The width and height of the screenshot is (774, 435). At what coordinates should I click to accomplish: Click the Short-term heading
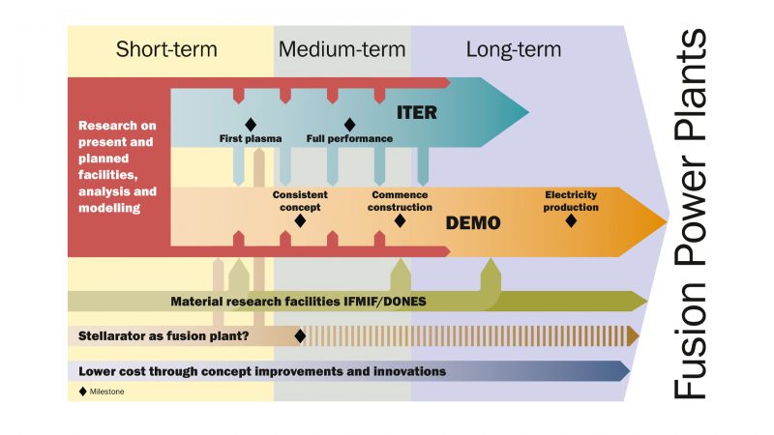[166, 49]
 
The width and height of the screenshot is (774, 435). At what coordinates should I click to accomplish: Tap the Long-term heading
[513, 49]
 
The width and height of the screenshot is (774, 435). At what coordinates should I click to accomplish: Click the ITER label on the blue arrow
[417, 113]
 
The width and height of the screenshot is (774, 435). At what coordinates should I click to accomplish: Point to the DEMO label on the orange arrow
[473, 223]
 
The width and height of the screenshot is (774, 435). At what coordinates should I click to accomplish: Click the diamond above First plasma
[251, 124]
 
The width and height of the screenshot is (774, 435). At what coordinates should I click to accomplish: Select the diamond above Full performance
[349, 124]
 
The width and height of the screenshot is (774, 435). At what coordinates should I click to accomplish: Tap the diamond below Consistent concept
[300, 220]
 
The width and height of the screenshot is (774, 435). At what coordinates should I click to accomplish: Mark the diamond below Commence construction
[400, 220]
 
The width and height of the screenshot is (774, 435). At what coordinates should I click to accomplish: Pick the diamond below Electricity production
[571, 220]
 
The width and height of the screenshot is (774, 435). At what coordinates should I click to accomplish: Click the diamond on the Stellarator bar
[300, 335]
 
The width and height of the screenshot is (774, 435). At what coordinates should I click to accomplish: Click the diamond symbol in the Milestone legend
[82, 391]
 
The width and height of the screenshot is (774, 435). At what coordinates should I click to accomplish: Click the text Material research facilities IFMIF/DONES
[298, 302]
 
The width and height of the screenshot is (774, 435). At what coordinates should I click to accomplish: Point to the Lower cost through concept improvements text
[262, 371]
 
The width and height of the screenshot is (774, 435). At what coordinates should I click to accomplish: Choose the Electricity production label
[571, 200]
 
